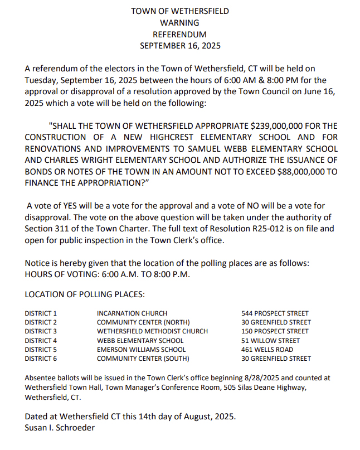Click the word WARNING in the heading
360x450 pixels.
[x=179, y=23]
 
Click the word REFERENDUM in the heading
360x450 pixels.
[x=179, y=35]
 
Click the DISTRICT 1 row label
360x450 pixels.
[x=41, y=313]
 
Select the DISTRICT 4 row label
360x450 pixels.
[x=41, y=341]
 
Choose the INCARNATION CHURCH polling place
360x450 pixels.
[x=132, y=313]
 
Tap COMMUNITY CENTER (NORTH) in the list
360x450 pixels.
[x=143, y=322]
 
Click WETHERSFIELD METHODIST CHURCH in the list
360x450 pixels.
[x=152, y=331]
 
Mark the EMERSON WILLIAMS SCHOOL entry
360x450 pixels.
[x=142, y=350]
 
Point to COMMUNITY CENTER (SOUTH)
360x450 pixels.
[x=143, y=359]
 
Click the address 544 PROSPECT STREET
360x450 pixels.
[x=275, y=313]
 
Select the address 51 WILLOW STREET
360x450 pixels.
[x=270, y=341]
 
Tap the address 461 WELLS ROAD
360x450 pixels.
[x=266, y=350]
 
